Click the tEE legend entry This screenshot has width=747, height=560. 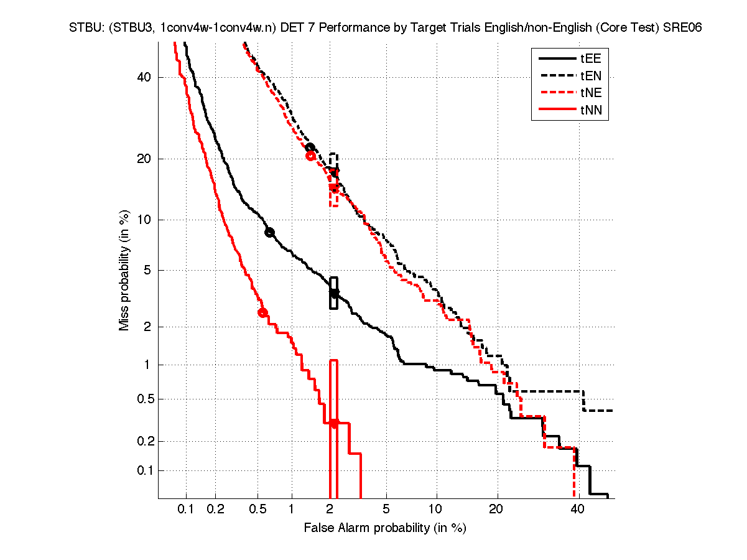[x=590, y=59]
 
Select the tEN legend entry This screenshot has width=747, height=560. [x=590, y=77]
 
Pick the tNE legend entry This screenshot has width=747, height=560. [x=590, y=93]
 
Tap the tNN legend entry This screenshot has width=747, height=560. [x=590, y=111]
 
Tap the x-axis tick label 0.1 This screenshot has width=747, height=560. [x=186, y=510]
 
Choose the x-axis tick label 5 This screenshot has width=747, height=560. [x=386, y=510]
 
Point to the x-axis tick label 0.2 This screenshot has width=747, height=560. [x=216, y=510]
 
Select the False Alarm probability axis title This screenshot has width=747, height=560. [x=385, y=528]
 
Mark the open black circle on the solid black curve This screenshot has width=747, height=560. [x=269, y=232]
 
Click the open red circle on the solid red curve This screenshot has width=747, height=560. [x=262, y=312]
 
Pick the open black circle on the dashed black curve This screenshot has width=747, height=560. [x=310, y=147]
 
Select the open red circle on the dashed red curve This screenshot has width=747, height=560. [x=311, y=156]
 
